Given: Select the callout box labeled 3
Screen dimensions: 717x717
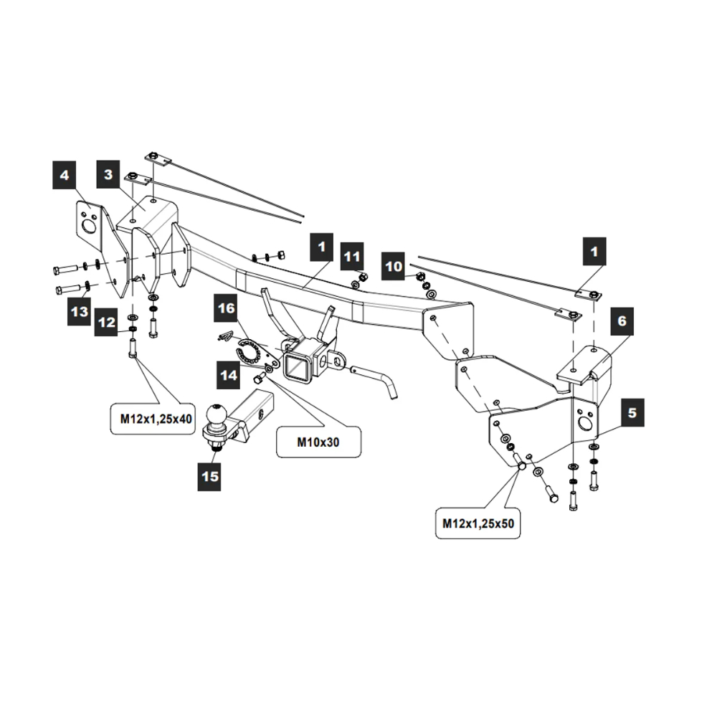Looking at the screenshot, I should [x=108, y=175].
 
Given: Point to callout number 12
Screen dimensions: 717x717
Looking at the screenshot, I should [x=106, y=323].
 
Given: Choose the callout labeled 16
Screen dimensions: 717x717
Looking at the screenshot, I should [x=227, y=309].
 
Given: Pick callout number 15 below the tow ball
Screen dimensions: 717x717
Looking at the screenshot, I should [x=210, y=476].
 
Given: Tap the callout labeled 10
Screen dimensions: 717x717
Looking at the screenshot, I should [x=394, y=266].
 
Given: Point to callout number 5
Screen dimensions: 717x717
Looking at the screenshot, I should [x=632, y=412].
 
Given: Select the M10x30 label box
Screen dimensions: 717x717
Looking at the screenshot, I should [x=318, y=442].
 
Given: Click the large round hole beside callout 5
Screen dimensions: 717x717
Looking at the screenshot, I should [x=585, y=424].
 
